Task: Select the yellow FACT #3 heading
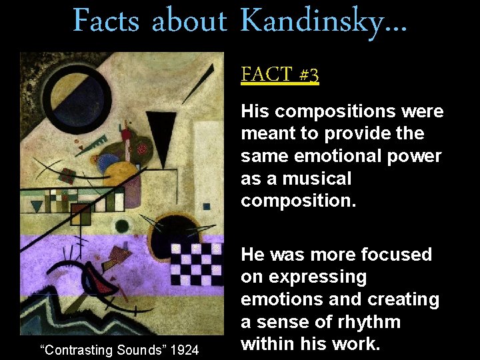click(280, 73)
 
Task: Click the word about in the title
click(189, 20)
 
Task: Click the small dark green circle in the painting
click(121, 225)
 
